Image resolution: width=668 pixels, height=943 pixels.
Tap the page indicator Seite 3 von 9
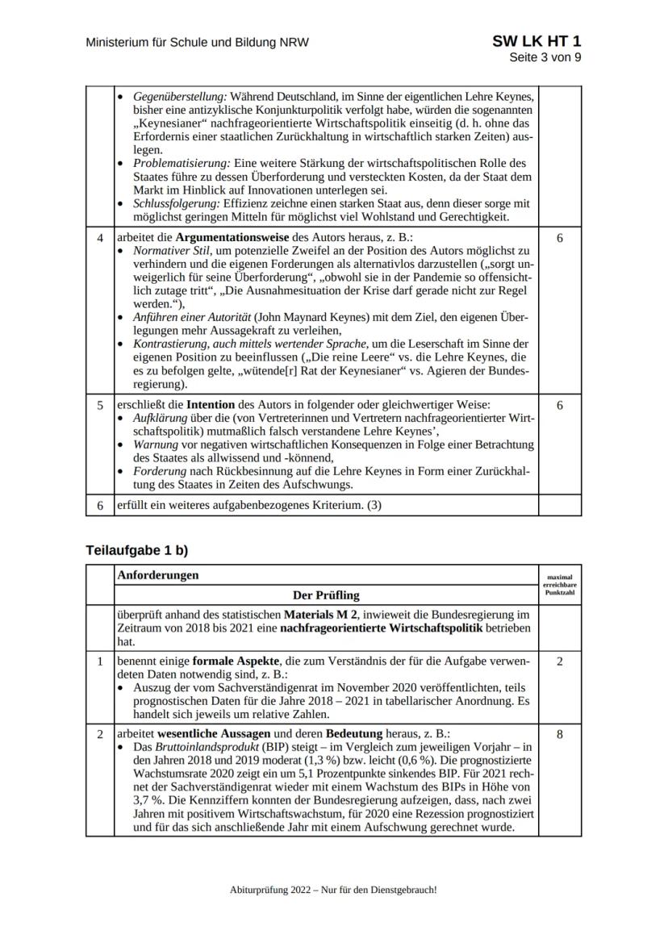(x=545, y=57)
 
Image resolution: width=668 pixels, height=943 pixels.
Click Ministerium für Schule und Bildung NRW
(x=197, y=43)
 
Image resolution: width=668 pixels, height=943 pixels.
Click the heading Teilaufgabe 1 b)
(x=136, y=550)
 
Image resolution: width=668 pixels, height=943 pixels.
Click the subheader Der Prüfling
(x=326, y=595)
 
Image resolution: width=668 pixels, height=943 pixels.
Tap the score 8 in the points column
(x=559, y=736)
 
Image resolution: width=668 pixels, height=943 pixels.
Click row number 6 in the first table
(x=100, y=505)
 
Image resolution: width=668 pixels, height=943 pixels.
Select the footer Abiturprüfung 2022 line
(x=333, y=889)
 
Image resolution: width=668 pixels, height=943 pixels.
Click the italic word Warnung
(x=155, y=444)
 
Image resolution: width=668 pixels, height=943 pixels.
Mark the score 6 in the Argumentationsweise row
(x=559, y=239)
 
